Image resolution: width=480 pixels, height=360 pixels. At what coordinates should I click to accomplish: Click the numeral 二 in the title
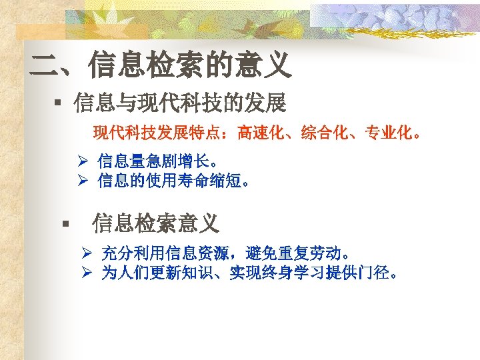pyautogui.click(x=45, y=65)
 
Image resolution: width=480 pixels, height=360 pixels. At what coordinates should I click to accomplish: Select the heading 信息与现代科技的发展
pyautogui.click(x=180, y=103)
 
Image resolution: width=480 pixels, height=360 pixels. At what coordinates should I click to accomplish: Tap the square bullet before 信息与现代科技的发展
pyautogui.click(x=59, y=103)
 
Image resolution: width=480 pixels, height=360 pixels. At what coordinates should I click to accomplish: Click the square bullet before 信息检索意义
pyautogui.click(x=65, y=223)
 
